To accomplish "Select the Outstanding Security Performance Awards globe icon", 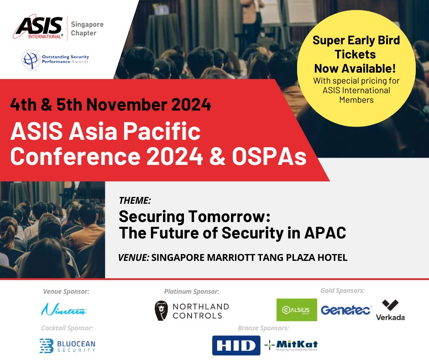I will coord(31,59).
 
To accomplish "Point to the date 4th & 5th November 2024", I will coord(111,105).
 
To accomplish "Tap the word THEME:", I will coord(135,200).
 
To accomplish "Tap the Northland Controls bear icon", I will coord(162,311).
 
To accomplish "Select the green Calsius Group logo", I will coord(297,310).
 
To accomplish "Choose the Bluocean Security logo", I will coord(67,345).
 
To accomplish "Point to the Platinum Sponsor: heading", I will coord(192,291).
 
